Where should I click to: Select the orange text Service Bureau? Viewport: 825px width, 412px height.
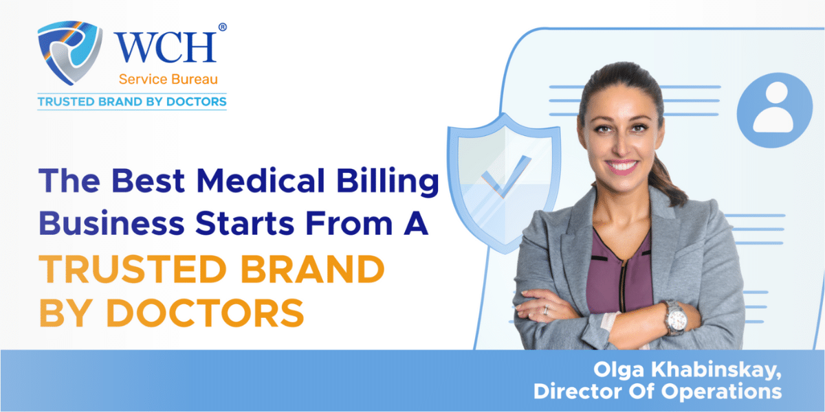point(166,80)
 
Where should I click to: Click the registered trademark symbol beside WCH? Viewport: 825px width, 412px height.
point(221,27)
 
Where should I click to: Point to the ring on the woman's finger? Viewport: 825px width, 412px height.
point(546,310)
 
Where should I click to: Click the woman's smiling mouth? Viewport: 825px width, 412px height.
point(624,165)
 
